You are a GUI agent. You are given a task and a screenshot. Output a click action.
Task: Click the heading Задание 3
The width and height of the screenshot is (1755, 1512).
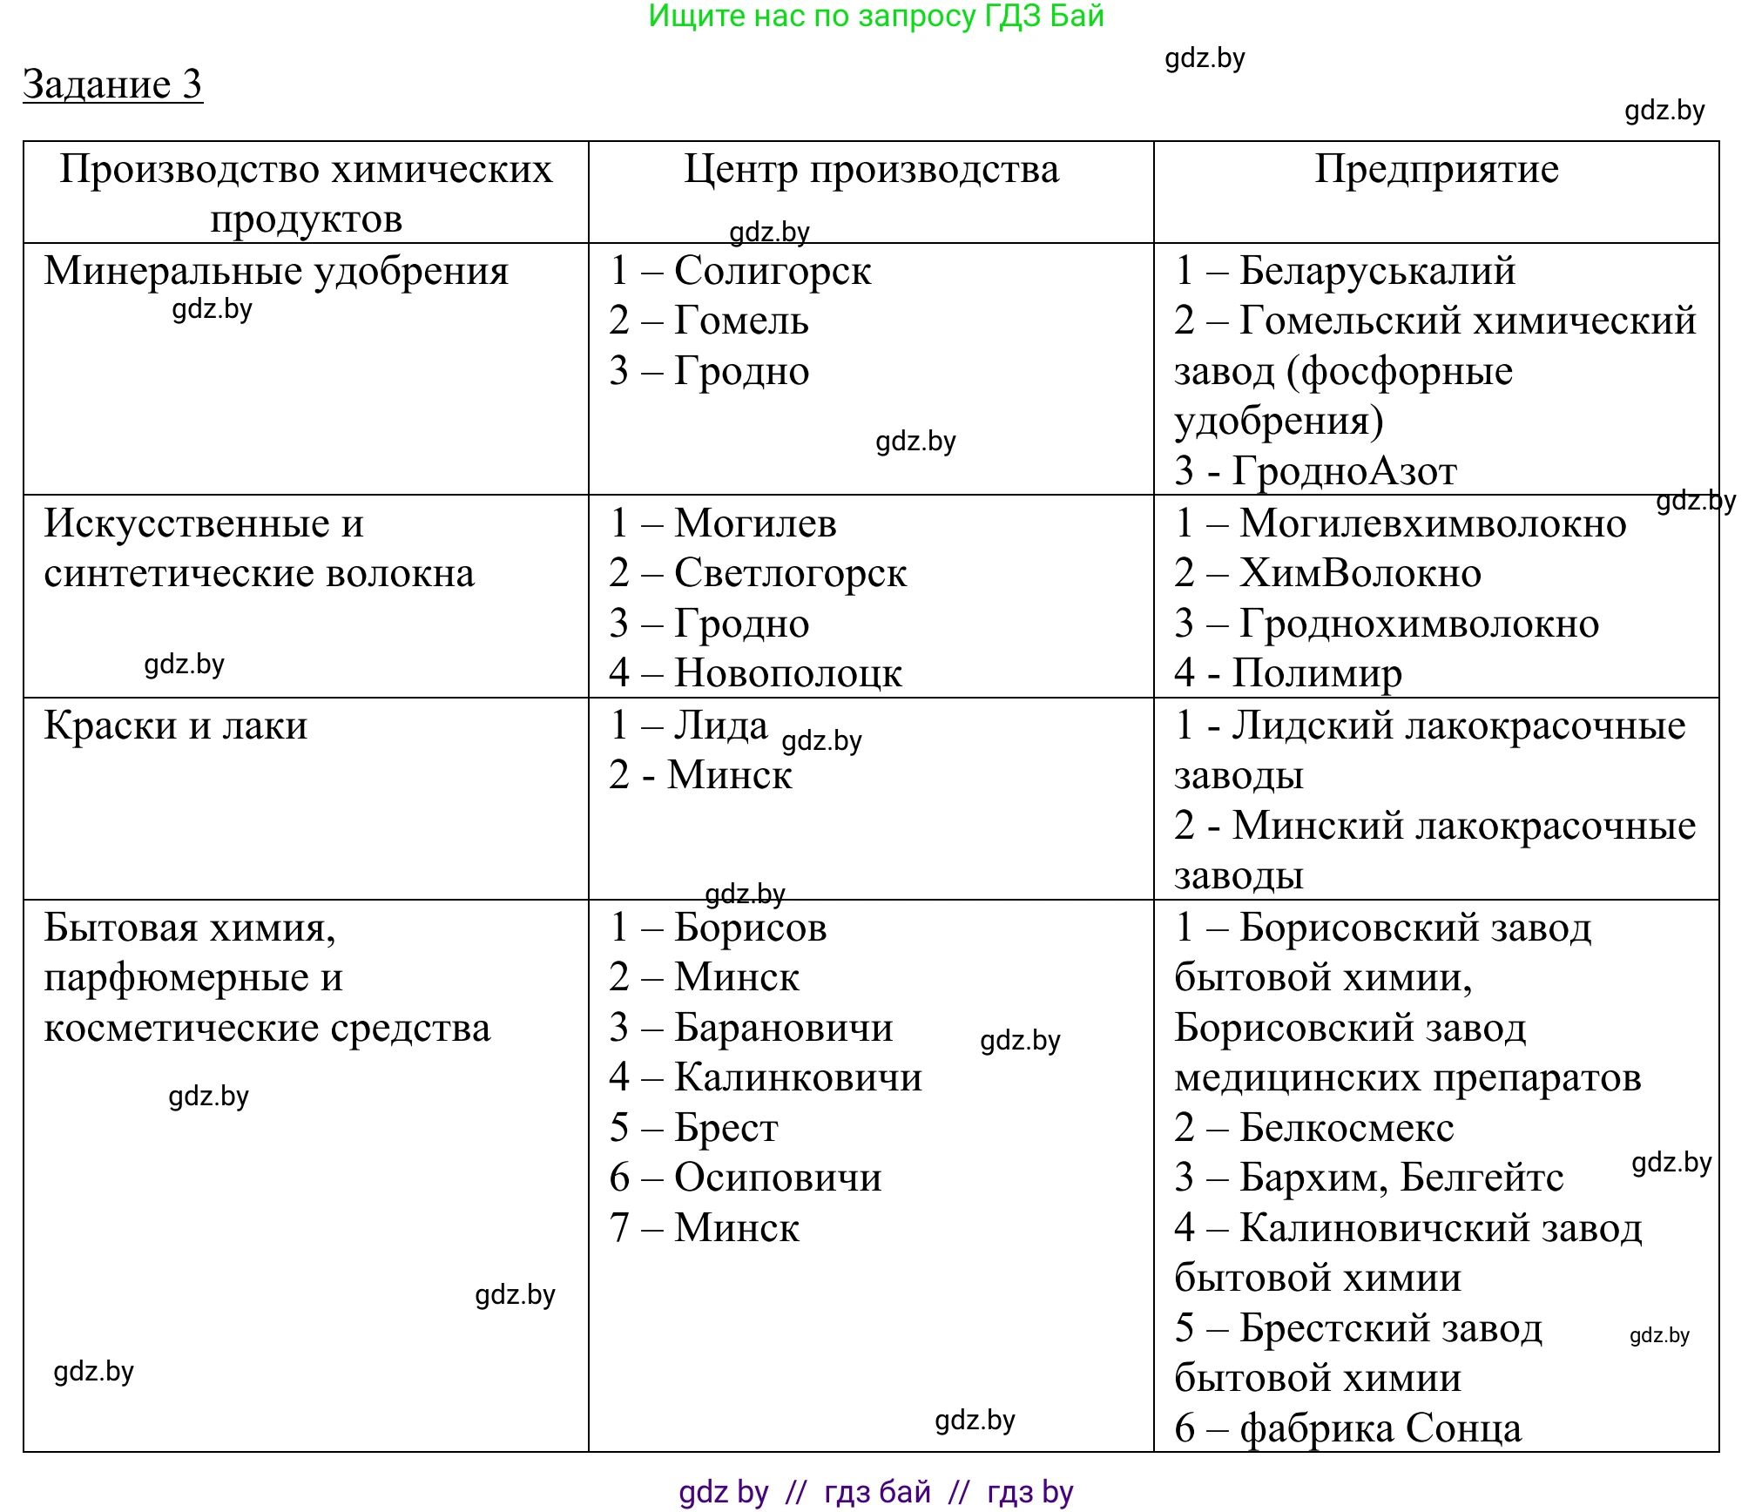click(112, 84)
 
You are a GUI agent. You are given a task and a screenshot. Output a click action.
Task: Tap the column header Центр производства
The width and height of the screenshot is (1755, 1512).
click(871, 169)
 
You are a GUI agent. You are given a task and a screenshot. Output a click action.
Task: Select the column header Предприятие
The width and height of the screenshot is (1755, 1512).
click(1436, 169)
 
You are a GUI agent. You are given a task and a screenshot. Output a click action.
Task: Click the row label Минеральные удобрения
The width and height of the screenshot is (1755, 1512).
click(276, 271)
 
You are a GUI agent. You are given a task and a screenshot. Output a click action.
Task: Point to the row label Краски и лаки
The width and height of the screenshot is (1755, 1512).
click(175, 726)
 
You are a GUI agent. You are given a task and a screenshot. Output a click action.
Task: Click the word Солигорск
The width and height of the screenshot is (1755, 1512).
click(773, 271)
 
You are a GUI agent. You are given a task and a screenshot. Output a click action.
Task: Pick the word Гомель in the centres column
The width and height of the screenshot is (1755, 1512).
click(741, 321)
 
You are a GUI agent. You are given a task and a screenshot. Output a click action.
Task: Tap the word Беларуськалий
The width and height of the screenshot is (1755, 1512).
click(1377, 271)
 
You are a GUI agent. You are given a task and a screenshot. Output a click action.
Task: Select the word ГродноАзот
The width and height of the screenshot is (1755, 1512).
click(1344, 471)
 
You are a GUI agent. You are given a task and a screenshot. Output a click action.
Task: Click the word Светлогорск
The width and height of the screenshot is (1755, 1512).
click(790, 573)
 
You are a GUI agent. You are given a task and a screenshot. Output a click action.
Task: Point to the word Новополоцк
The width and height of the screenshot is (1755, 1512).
click(788, 673)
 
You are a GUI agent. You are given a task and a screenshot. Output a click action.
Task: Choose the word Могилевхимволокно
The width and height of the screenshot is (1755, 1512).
click(1433, 523)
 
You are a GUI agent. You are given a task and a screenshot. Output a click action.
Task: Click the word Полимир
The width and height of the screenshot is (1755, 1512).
click(1317, 673)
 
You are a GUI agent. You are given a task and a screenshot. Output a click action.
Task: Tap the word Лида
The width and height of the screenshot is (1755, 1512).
click(721, 726)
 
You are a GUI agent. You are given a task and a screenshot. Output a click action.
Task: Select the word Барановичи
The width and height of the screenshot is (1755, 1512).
click(784, 1028)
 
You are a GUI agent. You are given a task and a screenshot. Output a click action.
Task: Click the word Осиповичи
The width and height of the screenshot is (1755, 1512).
click(778, 1178)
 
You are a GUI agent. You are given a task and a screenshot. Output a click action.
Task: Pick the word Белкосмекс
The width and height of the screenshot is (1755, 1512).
click(1347, 1128)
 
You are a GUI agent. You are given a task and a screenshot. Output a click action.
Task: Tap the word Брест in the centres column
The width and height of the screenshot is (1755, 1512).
click(726, 1128)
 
